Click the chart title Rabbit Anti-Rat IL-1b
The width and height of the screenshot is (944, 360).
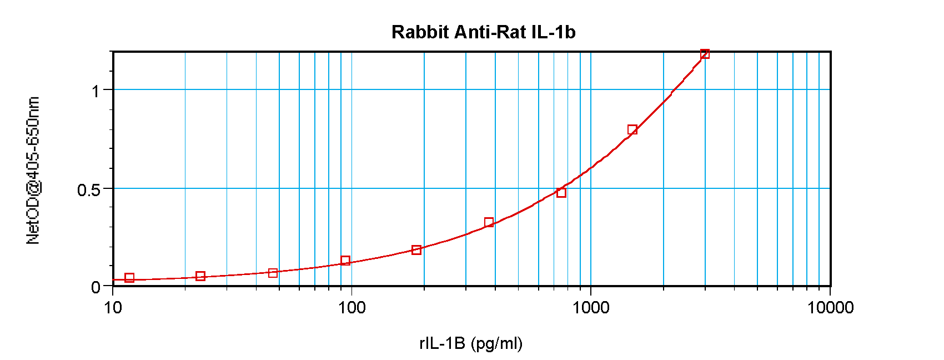tap(483, 32)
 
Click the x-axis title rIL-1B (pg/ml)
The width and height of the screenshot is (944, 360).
tap(471, 343)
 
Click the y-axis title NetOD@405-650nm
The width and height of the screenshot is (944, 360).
tap(33, 170)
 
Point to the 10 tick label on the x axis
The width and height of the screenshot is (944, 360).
tap(113, 307)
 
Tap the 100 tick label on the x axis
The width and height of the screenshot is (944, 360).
tap(352, 307)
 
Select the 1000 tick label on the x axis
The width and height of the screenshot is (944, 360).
tap(591, 307)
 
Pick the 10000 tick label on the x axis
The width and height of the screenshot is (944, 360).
tap(830, 307)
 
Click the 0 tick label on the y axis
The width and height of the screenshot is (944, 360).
tap(96, 287)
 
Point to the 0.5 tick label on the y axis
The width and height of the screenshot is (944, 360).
tap(89, 190)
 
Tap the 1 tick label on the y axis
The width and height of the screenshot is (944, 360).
tap(96, 91)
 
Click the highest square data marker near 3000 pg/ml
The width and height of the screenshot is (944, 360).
tap(705, 54)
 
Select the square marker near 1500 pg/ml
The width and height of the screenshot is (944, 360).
tap(632, 130)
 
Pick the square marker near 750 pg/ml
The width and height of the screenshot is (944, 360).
tap(561, 193)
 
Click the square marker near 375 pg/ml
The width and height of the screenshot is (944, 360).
tap(489, 223)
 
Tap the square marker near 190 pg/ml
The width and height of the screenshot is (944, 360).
tap(416, 250)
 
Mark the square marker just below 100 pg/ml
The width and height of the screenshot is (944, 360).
tap(345, 261)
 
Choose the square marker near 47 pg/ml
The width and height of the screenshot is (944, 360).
tap(273, 273)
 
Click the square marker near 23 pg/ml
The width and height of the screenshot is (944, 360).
tap(200, 276)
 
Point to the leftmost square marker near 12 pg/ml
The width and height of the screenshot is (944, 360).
tap(129, 278)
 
